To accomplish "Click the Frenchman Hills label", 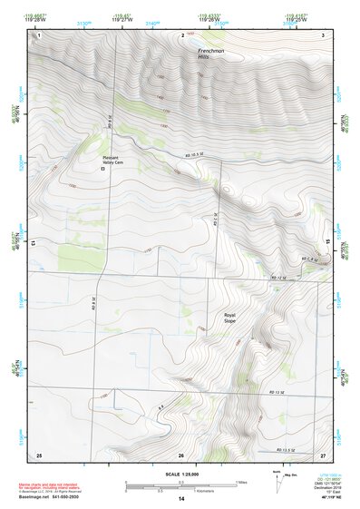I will click(210, 56).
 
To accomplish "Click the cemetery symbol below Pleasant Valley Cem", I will click(102, 170).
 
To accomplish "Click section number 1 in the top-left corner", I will click(39, 34).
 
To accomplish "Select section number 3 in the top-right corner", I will click(323, 34).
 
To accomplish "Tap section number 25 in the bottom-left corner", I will click(39, 453).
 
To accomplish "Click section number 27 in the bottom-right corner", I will click(322, 453).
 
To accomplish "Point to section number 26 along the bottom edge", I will click(181, 454).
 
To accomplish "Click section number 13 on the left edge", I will click(32, 244).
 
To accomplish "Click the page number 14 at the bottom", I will click(180, 498).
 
